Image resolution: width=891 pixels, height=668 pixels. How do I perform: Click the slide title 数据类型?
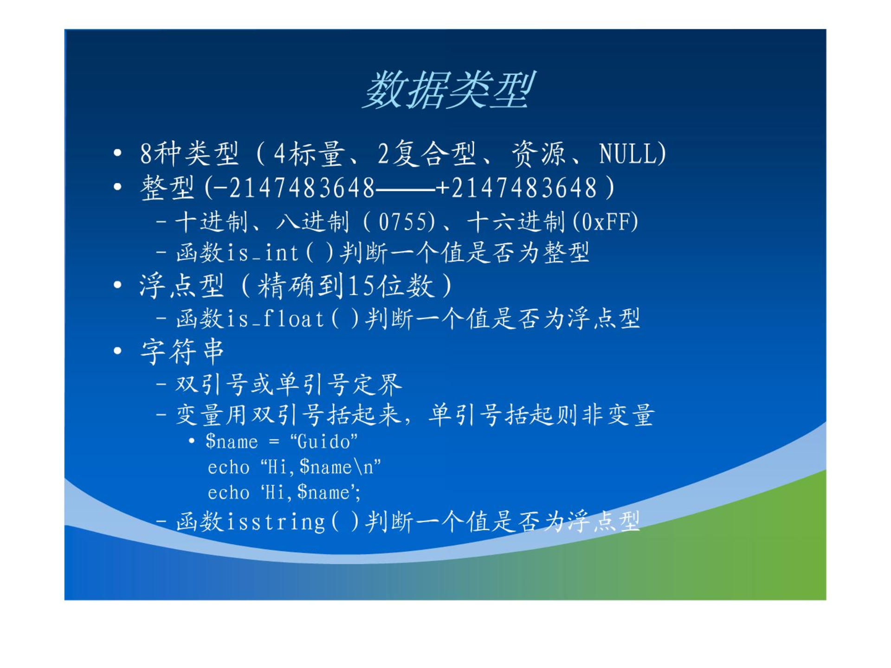point(448,90)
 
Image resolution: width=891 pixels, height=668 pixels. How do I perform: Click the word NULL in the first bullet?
point(627,154)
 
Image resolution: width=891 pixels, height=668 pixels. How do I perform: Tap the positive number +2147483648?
point(517,188)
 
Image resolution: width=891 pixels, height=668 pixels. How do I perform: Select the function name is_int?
point(262,253)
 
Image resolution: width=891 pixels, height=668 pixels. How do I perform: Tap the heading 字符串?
point(182,351)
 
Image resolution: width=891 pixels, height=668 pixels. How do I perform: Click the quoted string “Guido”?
point(323,442)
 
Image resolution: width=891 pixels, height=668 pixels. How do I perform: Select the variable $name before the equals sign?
point(232,442)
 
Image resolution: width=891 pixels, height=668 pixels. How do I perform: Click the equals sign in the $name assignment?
point(274,442)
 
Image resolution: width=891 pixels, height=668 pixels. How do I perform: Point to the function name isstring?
point(276,522)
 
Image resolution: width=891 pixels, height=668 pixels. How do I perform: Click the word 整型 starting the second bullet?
point(167,188)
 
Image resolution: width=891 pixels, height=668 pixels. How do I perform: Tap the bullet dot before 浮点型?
point(117,285)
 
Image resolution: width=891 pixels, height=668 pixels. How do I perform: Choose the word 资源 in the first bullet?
point(538,154)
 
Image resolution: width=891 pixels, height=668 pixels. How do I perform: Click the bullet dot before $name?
point(191,441)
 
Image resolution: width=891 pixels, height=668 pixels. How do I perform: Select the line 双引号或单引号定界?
point(289,385)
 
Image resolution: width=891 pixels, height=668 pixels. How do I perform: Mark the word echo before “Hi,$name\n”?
point(228,467)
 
